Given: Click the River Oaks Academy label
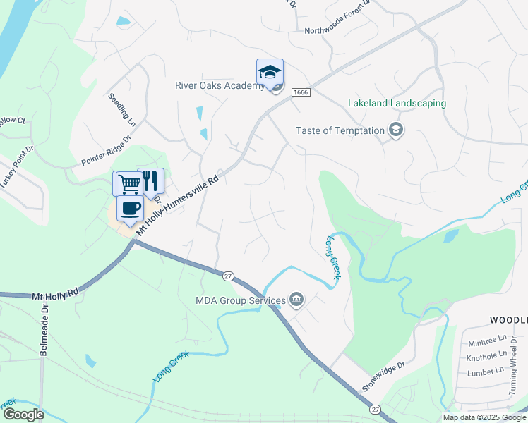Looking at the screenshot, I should pyautogui.click(x=220, y=86).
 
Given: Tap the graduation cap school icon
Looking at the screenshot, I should pyautogui.click(x=269, y=72).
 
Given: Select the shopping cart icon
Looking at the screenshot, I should pyautogui.click(x=128, y=183).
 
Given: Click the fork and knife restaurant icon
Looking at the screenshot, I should pyautogui.click(x=150, y=180).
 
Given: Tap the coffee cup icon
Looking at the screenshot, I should pyautogui.click(x=131, y=209).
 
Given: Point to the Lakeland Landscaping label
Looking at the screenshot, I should pyautogui.click(x=397, y=103).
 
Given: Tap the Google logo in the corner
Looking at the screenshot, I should pyautogui.click(x=23, y=415).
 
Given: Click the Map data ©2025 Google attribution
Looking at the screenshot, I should pyautogui.click(x=484, y=417).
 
